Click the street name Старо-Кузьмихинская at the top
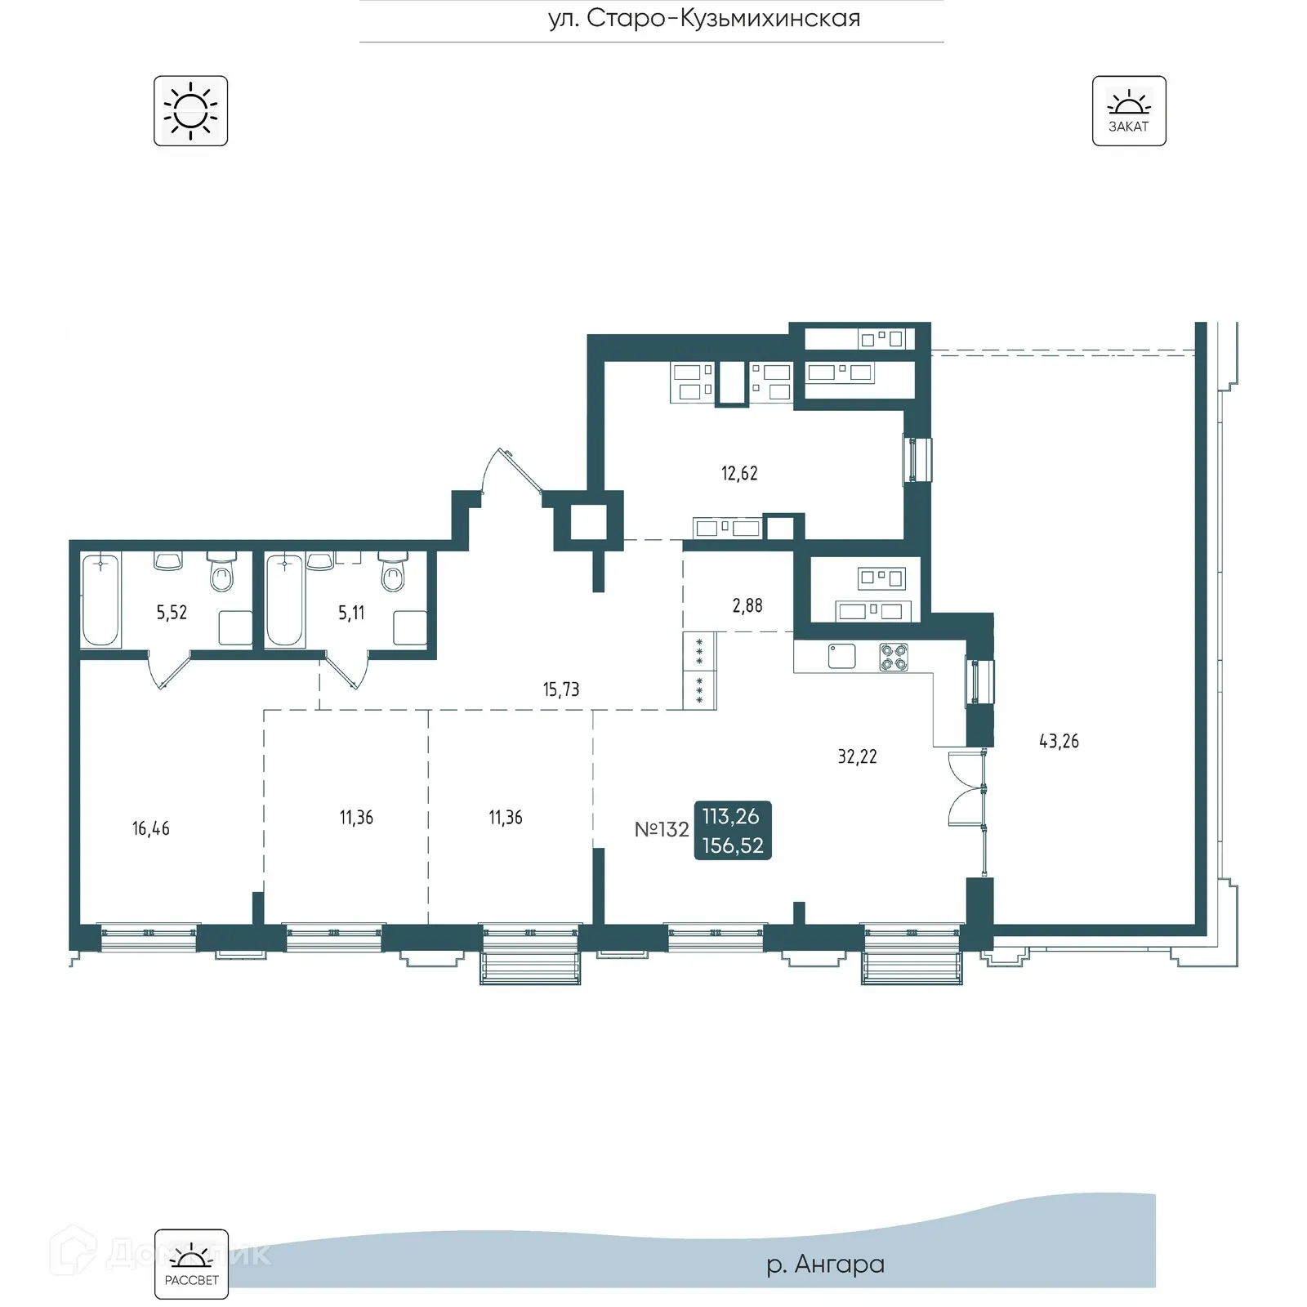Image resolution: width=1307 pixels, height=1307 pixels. click(704, 18)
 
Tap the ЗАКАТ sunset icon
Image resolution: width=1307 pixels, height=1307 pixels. click(1128, 111)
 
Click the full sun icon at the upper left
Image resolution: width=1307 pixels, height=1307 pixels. click(190, 111)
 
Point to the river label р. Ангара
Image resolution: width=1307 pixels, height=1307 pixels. click(825, 1264)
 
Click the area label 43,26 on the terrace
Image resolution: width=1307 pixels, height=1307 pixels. click(1059, 741)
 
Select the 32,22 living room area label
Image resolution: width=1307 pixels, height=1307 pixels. click(857, 756)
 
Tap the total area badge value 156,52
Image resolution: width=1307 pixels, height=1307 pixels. click(733, 845)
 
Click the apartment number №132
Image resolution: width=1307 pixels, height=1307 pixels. click(662, 829)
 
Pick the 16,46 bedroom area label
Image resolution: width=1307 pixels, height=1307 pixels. click(151, 828)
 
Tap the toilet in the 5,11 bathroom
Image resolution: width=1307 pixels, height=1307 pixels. click(393, 573)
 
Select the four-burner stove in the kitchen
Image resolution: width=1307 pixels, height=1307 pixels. click(894, 657)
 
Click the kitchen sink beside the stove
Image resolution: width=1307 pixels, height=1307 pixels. click(841, 656)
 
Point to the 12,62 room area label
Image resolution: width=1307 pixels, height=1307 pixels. click(739, 473)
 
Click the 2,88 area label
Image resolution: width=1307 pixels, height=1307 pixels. click(747, 605)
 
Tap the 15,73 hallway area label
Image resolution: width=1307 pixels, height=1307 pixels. click(561, 689)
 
